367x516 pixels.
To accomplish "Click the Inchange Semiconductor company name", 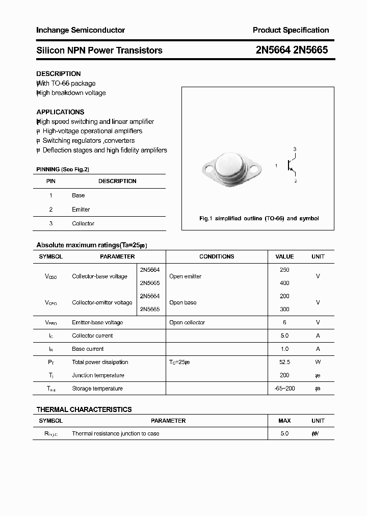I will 81,30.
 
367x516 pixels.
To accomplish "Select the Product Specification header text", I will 291,30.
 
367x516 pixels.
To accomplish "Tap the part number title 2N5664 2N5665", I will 292,50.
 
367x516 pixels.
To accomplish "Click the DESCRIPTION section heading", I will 59,74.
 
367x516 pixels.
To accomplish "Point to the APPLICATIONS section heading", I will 60,112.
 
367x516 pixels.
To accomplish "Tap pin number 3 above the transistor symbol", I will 295,149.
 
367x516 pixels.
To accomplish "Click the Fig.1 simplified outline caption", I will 258,218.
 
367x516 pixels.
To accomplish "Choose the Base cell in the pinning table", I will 78,195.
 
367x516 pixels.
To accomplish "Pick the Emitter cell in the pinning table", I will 81,210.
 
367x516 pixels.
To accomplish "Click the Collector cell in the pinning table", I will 83,223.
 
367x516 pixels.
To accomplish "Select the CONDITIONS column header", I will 217,256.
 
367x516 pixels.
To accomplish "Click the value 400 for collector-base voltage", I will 284,283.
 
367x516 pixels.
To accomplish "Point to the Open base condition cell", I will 183,302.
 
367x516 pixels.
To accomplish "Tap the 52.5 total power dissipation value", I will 284,362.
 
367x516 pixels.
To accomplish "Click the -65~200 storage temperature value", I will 284,389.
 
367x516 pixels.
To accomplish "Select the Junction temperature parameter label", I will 98,375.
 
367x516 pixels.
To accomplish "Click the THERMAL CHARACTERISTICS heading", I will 84,409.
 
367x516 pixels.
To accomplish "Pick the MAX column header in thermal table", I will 284,421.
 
